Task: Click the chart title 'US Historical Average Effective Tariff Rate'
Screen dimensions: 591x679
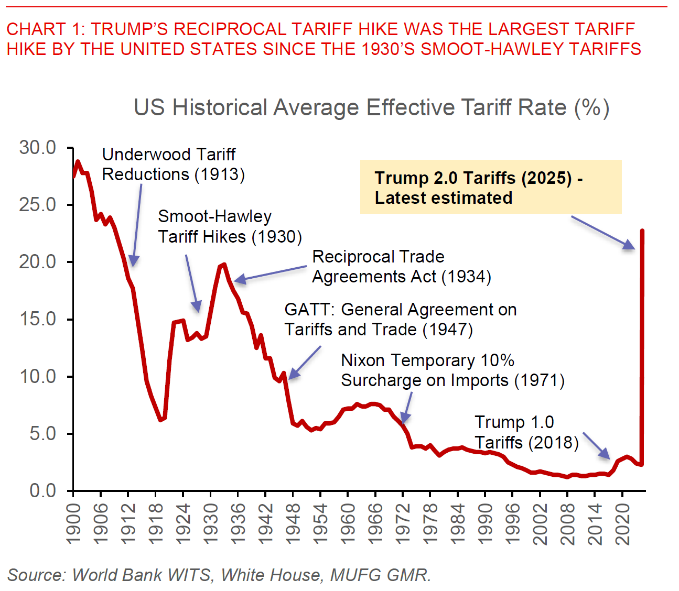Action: tap(371, 107)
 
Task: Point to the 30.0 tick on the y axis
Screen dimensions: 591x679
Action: tap(38, 148)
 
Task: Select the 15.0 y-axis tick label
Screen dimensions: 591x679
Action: tap(38, 319)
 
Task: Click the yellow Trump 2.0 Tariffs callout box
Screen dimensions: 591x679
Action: tap(490, 187)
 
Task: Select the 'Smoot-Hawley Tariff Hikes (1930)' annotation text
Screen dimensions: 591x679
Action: tap(230, 226)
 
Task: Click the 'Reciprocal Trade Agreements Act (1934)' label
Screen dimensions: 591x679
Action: tap(401, 267)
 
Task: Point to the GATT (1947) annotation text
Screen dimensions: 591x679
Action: tap(400, 320)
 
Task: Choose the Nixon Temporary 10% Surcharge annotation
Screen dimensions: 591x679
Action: tap(452, 370)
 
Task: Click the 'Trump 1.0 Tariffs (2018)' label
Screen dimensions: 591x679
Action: tap(526, 432)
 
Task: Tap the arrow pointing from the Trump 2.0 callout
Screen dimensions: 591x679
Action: tap(602, 233)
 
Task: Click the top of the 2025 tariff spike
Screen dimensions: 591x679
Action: tap(642, 231)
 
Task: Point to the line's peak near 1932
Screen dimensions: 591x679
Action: tap(224, 265)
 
